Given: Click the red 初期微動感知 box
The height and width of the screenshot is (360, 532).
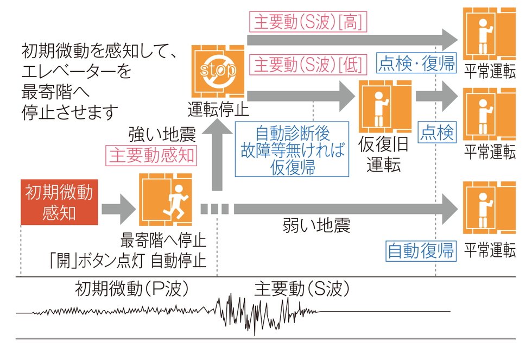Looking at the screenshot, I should click(x=59, y=201).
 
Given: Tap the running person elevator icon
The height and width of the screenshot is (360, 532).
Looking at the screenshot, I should click(x=165, y=201).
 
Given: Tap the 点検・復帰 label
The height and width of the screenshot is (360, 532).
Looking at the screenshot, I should click(x=416, y=63).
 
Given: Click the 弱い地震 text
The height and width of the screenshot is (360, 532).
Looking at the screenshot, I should click(x=316, y=225).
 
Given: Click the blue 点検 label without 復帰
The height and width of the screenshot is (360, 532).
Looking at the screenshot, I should click(x=436, y=131).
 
